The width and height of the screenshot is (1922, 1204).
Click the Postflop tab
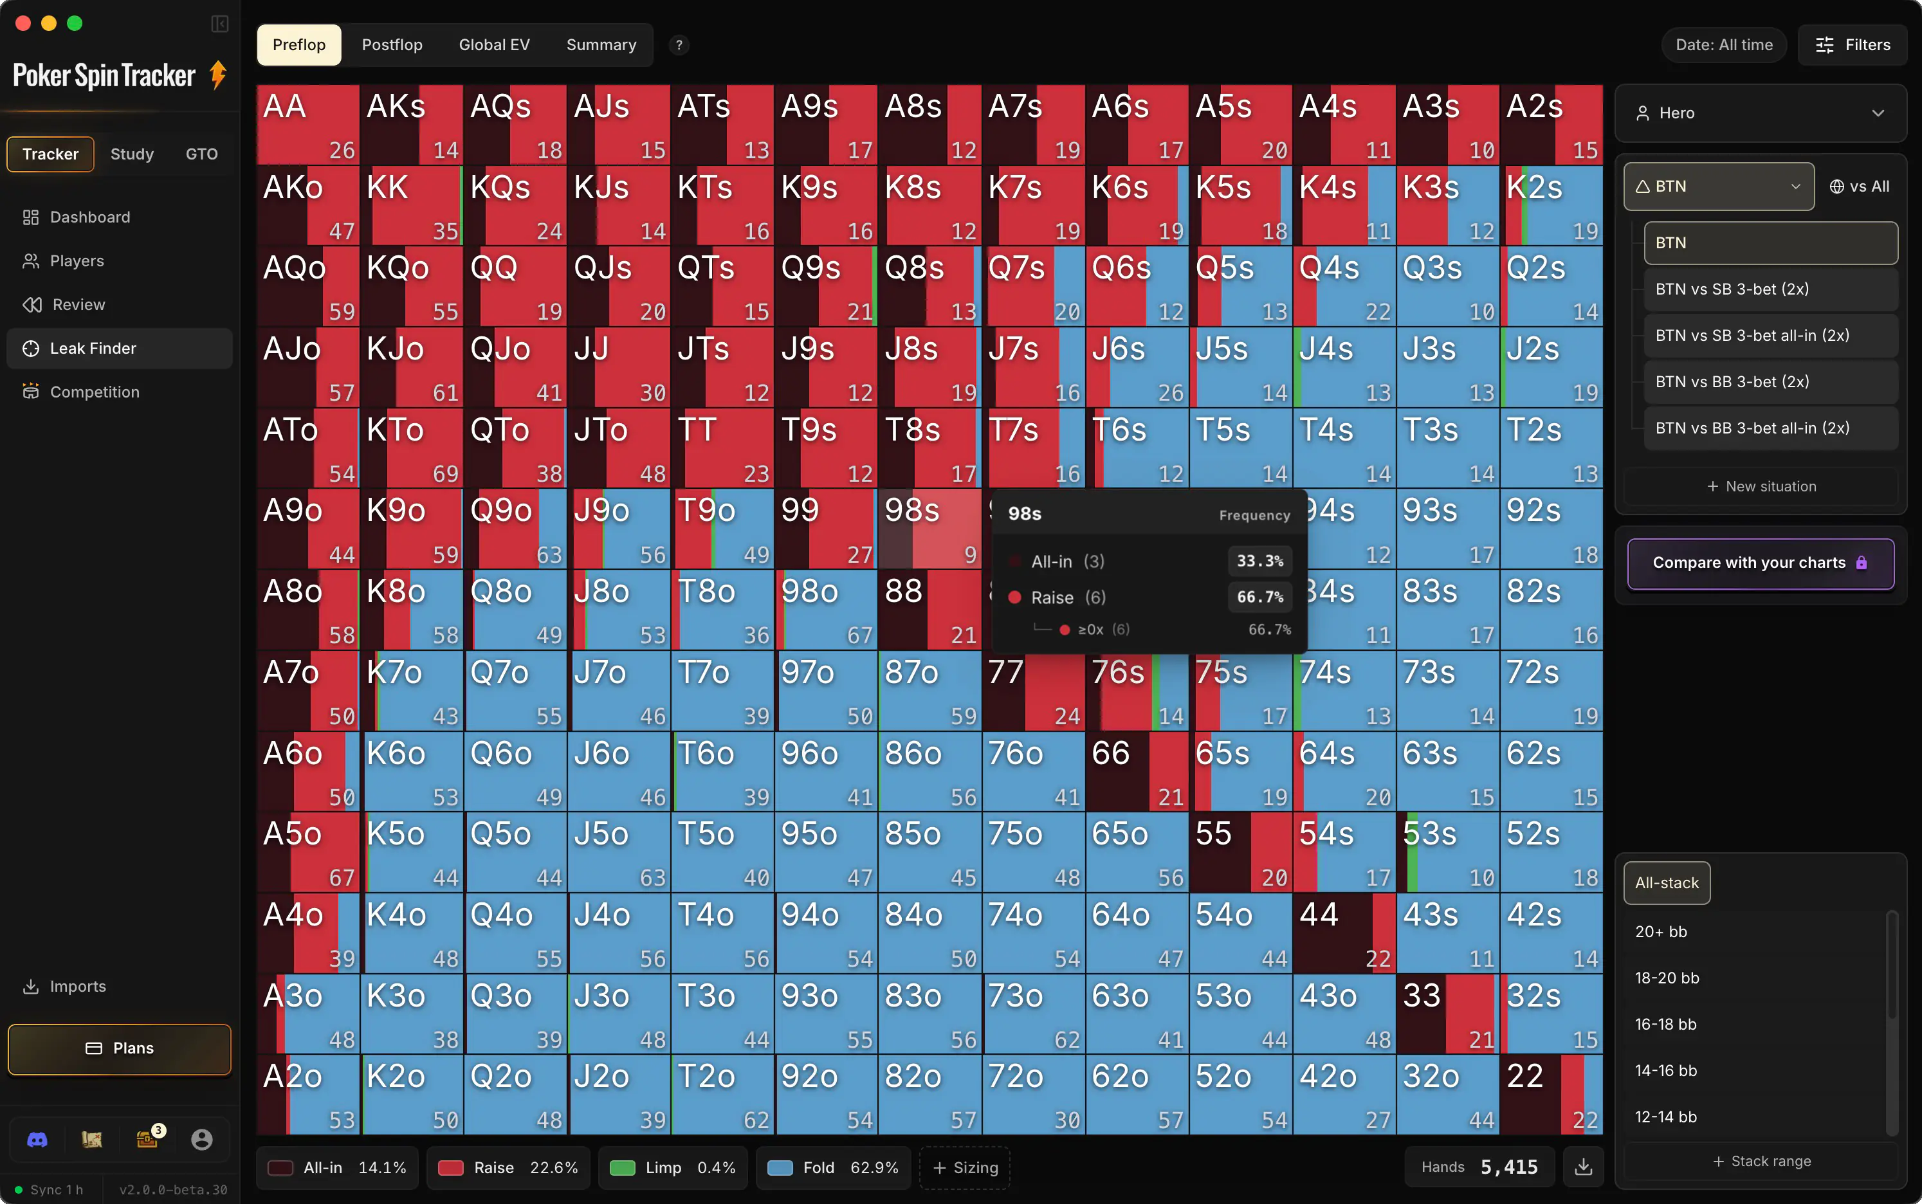(392, 44)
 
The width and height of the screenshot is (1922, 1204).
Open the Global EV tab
(493, 44)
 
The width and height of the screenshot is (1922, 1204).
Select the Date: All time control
(1724, 44)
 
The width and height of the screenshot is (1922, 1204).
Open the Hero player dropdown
(1761, 113)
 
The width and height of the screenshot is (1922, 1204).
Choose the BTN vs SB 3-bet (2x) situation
(1771, 289)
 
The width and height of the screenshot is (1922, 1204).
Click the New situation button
(1761, 486)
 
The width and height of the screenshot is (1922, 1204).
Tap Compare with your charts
(1761, 563)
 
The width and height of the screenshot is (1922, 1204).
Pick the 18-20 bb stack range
(1667, 978)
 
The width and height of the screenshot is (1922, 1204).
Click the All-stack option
(1667, 882)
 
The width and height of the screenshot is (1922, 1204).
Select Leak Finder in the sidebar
(120, 348)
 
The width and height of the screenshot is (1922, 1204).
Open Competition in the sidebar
(120, 392)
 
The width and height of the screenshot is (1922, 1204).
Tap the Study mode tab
(132, 154)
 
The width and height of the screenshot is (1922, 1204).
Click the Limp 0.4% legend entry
(672, 1167)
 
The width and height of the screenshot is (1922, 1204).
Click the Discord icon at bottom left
(37, 1140)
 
